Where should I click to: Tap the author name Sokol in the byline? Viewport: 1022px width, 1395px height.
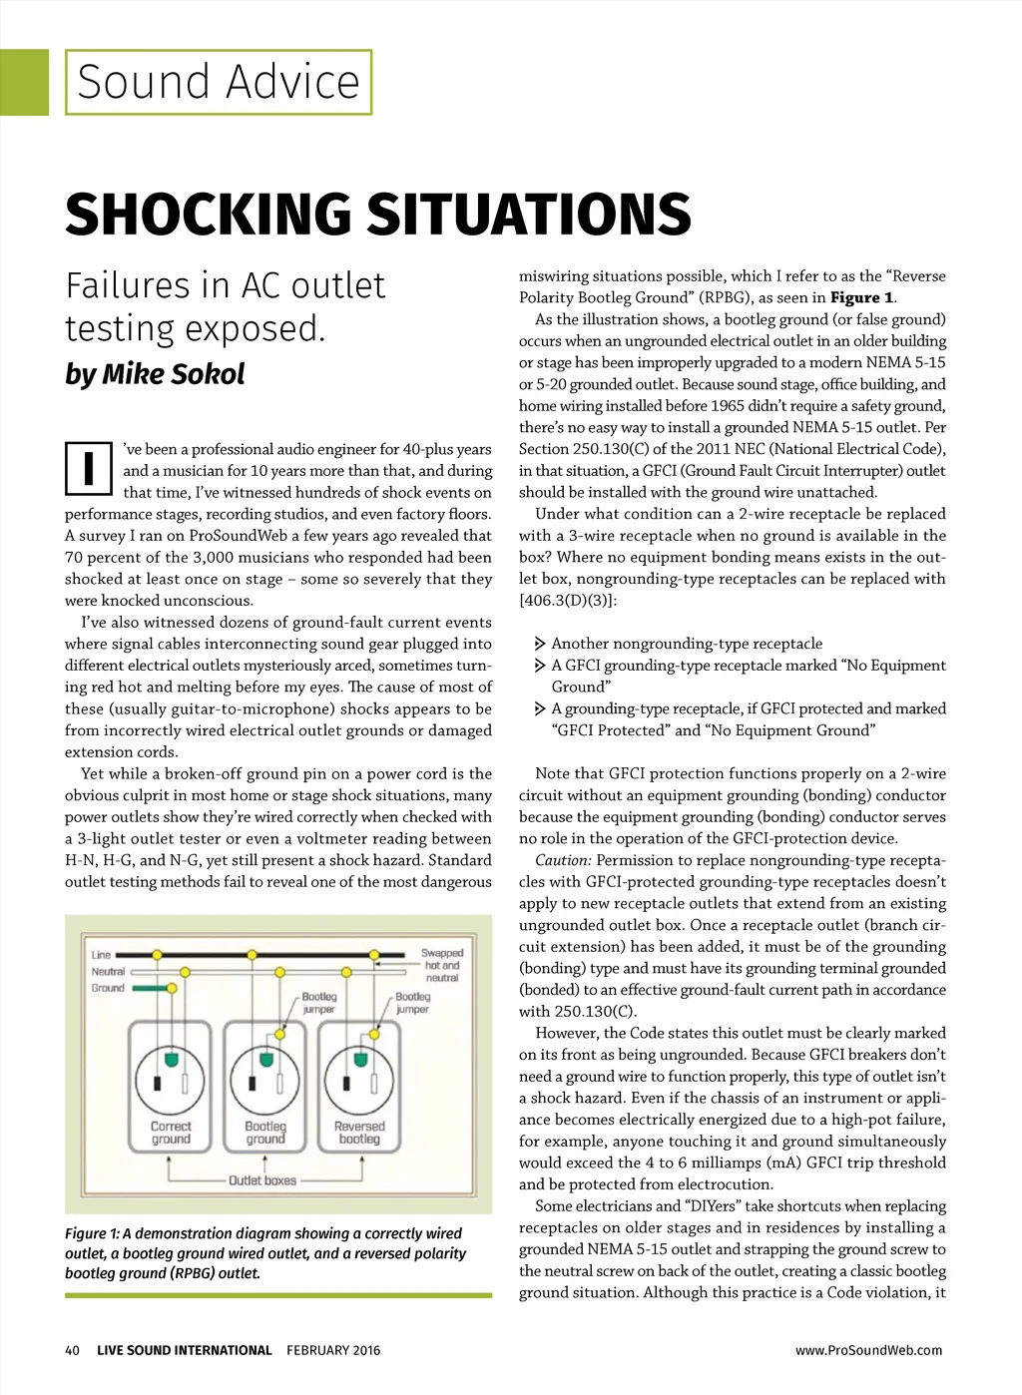click(x=208, y=374)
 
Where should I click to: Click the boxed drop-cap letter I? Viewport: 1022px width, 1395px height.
click(x=89, y=468)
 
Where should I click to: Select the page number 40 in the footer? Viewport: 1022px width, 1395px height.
click(x=72, y=1350)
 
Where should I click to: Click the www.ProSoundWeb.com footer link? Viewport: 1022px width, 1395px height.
click(x=868, y=1350)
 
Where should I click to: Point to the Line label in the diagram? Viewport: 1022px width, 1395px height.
click(x=101, y=955)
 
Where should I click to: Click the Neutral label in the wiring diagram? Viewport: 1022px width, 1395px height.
click(x=108, y=971)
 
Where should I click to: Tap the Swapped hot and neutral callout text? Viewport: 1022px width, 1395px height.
click(x=441, y=965)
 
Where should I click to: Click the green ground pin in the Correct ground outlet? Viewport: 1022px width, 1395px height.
click(x=171, y=1057)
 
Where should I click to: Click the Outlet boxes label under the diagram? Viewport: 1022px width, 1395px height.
click(x=262, y=1180)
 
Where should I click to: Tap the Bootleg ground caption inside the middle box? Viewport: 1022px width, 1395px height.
click(x=265, y=1132)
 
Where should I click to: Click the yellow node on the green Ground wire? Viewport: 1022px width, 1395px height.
click(x=172, y=988)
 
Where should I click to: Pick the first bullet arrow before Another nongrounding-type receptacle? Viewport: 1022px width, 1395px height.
click(x=540, y=644)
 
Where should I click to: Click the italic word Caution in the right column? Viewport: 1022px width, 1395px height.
click(x=563, y=860)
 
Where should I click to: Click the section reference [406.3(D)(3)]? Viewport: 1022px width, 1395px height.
click(x=568, y=600)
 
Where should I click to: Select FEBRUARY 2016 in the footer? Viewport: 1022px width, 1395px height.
click(x=333, y=1350)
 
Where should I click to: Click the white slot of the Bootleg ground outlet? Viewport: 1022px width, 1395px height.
click(x=281, y=1084)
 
